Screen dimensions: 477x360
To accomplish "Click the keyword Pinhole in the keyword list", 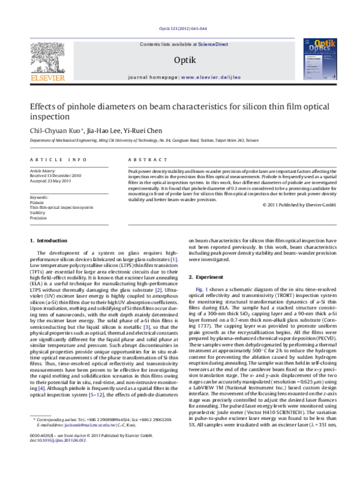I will pyautogui.click(x=37, y=203).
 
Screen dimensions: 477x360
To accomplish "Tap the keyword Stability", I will pyautogui.click(x=37, y=212).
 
